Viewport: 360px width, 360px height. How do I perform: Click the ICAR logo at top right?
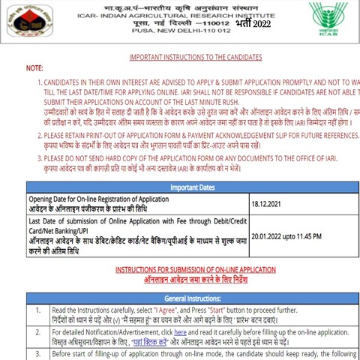pos(328,18)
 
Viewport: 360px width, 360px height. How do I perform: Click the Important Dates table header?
pos(192,187)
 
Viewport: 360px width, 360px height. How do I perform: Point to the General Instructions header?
pos(192,298)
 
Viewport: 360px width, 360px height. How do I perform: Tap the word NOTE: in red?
pos(34,68)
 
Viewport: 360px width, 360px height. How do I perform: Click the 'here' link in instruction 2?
pos(181,331)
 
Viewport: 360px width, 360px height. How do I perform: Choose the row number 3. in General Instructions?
pos(37,354)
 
